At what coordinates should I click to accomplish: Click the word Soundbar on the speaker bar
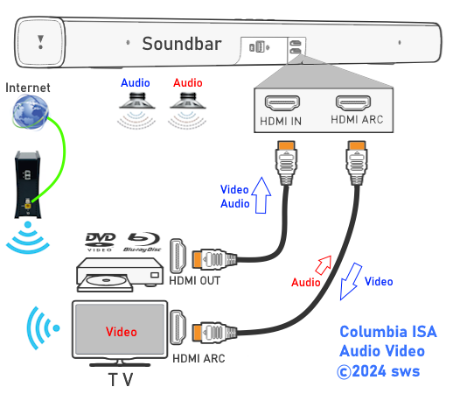pos(182,44)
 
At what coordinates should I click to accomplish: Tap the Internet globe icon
pos(31,112)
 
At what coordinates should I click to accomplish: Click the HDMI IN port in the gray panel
pos(282,103)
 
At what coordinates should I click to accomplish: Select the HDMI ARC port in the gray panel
pos(353,102)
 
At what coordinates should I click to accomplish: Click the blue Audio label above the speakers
pos(136,83)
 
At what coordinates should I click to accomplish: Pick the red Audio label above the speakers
pos(188,83)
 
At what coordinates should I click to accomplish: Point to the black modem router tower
pos(28,185)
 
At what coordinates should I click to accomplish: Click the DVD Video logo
pos(100,242)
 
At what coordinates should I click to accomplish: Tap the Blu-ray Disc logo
pos(143,242)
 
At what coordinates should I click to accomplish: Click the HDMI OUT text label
pos(194,281)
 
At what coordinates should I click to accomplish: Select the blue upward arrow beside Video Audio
pos(261,195)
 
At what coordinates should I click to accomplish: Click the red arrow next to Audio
pos(324,265)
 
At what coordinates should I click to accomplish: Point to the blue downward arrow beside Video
pos(351,281)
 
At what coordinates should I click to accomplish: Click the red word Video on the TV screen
pos(122,332)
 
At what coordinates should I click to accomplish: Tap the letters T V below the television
pos(121,380)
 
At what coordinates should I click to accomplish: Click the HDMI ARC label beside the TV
pos(199,359)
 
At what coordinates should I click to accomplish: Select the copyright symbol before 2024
pos(344,372)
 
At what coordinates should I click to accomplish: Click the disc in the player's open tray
pos(106,280)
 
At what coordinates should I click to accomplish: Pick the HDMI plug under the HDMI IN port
pos(286,163)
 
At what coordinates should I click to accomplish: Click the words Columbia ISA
pos(388,332)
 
